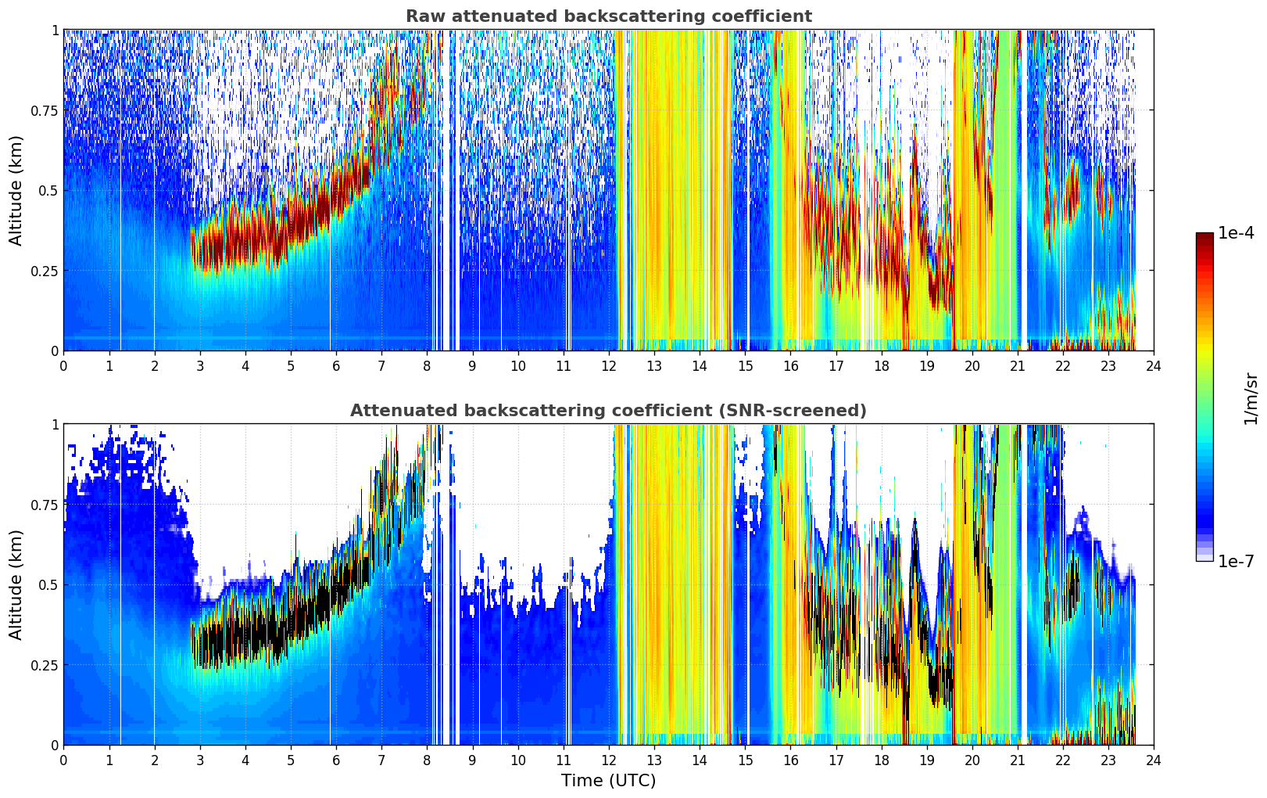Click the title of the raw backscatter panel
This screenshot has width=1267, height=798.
tap(609, 16)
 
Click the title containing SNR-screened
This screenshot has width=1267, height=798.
tap(609, 410)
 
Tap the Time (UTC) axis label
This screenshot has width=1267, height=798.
tap(609, 781)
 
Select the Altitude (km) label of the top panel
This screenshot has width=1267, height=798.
tap(16, 191)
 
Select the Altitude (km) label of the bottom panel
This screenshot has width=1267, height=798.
tap(16, 585)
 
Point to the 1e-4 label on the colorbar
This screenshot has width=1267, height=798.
tap(1236, 233)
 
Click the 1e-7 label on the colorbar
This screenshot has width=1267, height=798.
tap(1236, 562)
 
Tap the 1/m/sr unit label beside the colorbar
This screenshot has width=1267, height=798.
tap(1251, 398)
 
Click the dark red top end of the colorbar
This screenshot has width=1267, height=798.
tap(1204, 236)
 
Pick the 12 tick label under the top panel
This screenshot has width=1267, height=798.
tap(609, 366)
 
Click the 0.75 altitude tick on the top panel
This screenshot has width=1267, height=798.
tap(44, 111)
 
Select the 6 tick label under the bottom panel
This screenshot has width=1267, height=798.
tap(336, 760)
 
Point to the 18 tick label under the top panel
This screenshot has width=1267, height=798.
tap(881, 366)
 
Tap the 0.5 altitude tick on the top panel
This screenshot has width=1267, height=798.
tap(48, 191)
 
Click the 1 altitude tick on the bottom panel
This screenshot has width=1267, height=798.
tap(55, 425)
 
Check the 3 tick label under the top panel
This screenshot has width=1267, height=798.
tap(199, 366)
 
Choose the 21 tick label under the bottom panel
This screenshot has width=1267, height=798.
tap(1018, 760)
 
